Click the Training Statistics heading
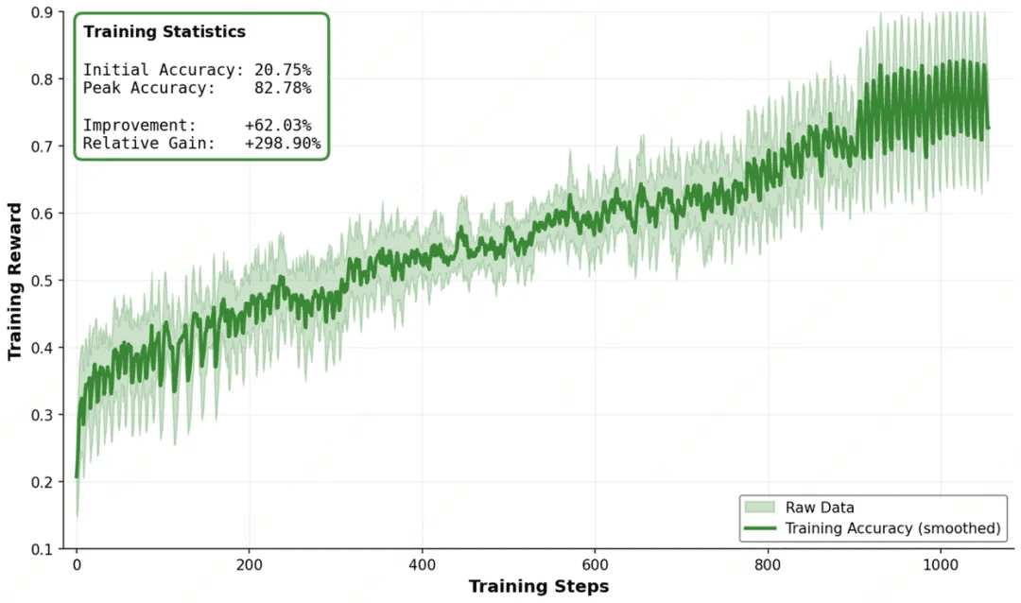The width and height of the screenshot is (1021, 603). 164,32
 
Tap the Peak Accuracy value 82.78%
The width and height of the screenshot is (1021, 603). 283,88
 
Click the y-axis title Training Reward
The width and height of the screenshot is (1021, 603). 15,281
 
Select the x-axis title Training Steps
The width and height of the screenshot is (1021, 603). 539,587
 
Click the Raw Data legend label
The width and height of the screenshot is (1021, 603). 820,508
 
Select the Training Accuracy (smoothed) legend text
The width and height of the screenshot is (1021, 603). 892,528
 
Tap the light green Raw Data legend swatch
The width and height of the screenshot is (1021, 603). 760,508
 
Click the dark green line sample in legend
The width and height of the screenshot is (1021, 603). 760,528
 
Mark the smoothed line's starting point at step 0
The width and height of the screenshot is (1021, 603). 77,476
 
